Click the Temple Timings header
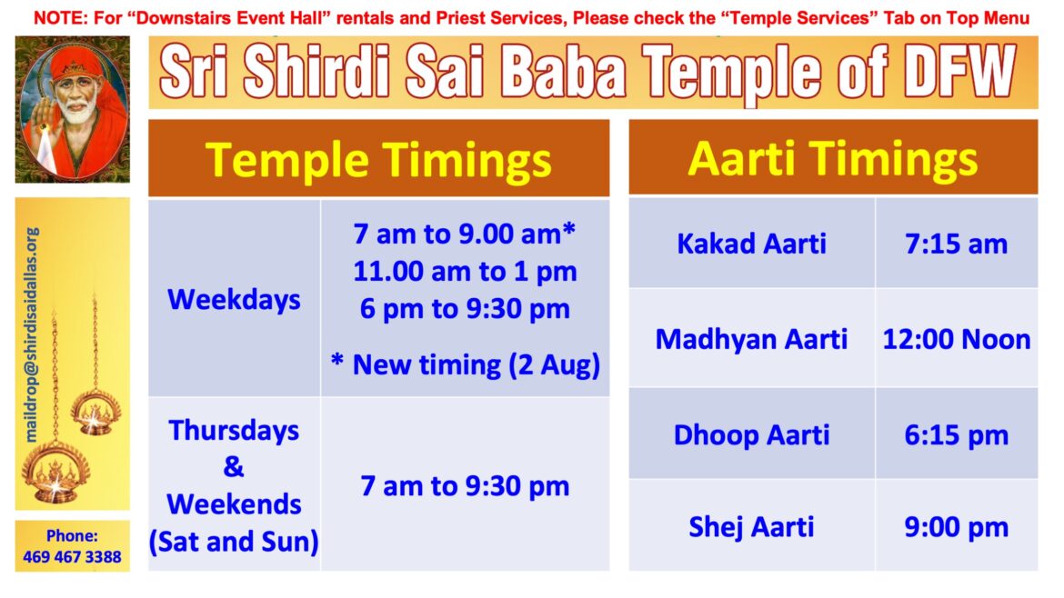point(378,159)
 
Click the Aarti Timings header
point(832,158)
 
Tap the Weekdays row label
point(234,299)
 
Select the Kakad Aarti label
point(751,244)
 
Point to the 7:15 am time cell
point(956,244)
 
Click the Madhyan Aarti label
point(751,340)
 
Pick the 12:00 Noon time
point(956,340)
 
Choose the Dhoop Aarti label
point(751,434)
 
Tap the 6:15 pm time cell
point(956,434)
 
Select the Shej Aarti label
point(751,526)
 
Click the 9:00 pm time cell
point(956,526)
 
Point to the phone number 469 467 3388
point(72,556)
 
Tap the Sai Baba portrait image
point(72,109)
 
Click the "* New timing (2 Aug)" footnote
point(465,364)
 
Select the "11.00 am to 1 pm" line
point(465,271)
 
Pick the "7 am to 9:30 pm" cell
point(465,485)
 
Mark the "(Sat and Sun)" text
point(234,542)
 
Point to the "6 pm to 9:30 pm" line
point(465,308)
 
